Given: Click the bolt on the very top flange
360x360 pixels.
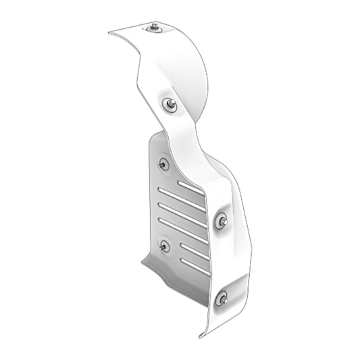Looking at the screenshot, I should tap(155, 27).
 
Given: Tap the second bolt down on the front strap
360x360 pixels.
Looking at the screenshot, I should tap(170, 103).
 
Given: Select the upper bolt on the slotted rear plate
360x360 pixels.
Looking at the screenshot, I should tap(163, 163).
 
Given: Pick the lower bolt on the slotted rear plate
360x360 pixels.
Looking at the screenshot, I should tap(164, 245).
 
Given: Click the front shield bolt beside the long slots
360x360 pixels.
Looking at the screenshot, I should tap(221, 220).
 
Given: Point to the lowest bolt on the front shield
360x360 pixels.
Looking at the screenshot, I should tap(222, 297).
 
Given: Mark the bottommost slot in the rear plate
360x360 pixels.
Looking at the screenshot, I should tap(195, 266).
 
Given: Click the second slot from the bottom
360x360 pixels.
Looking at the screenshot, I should tap(195, 251).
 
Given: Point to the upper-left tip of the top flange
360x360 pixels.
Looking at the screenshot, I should tap(109, 32).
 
